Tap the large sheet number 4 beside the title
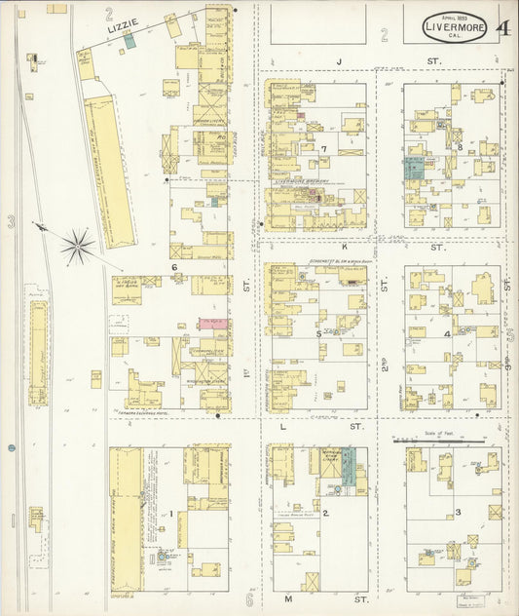coord(502,26)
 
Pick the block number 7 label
coord(322,149)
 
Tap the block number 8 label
coord(459,147)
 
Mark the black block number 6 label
coord(174,266)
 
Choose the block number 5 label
coord(318,333)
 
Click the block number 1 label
coord(171,514)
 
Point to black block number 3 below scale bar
coord(458,512)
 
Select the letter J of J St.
coord(339,62)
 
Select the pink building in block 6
coord(211,322)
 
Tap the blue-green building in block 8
coord(413,167)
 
